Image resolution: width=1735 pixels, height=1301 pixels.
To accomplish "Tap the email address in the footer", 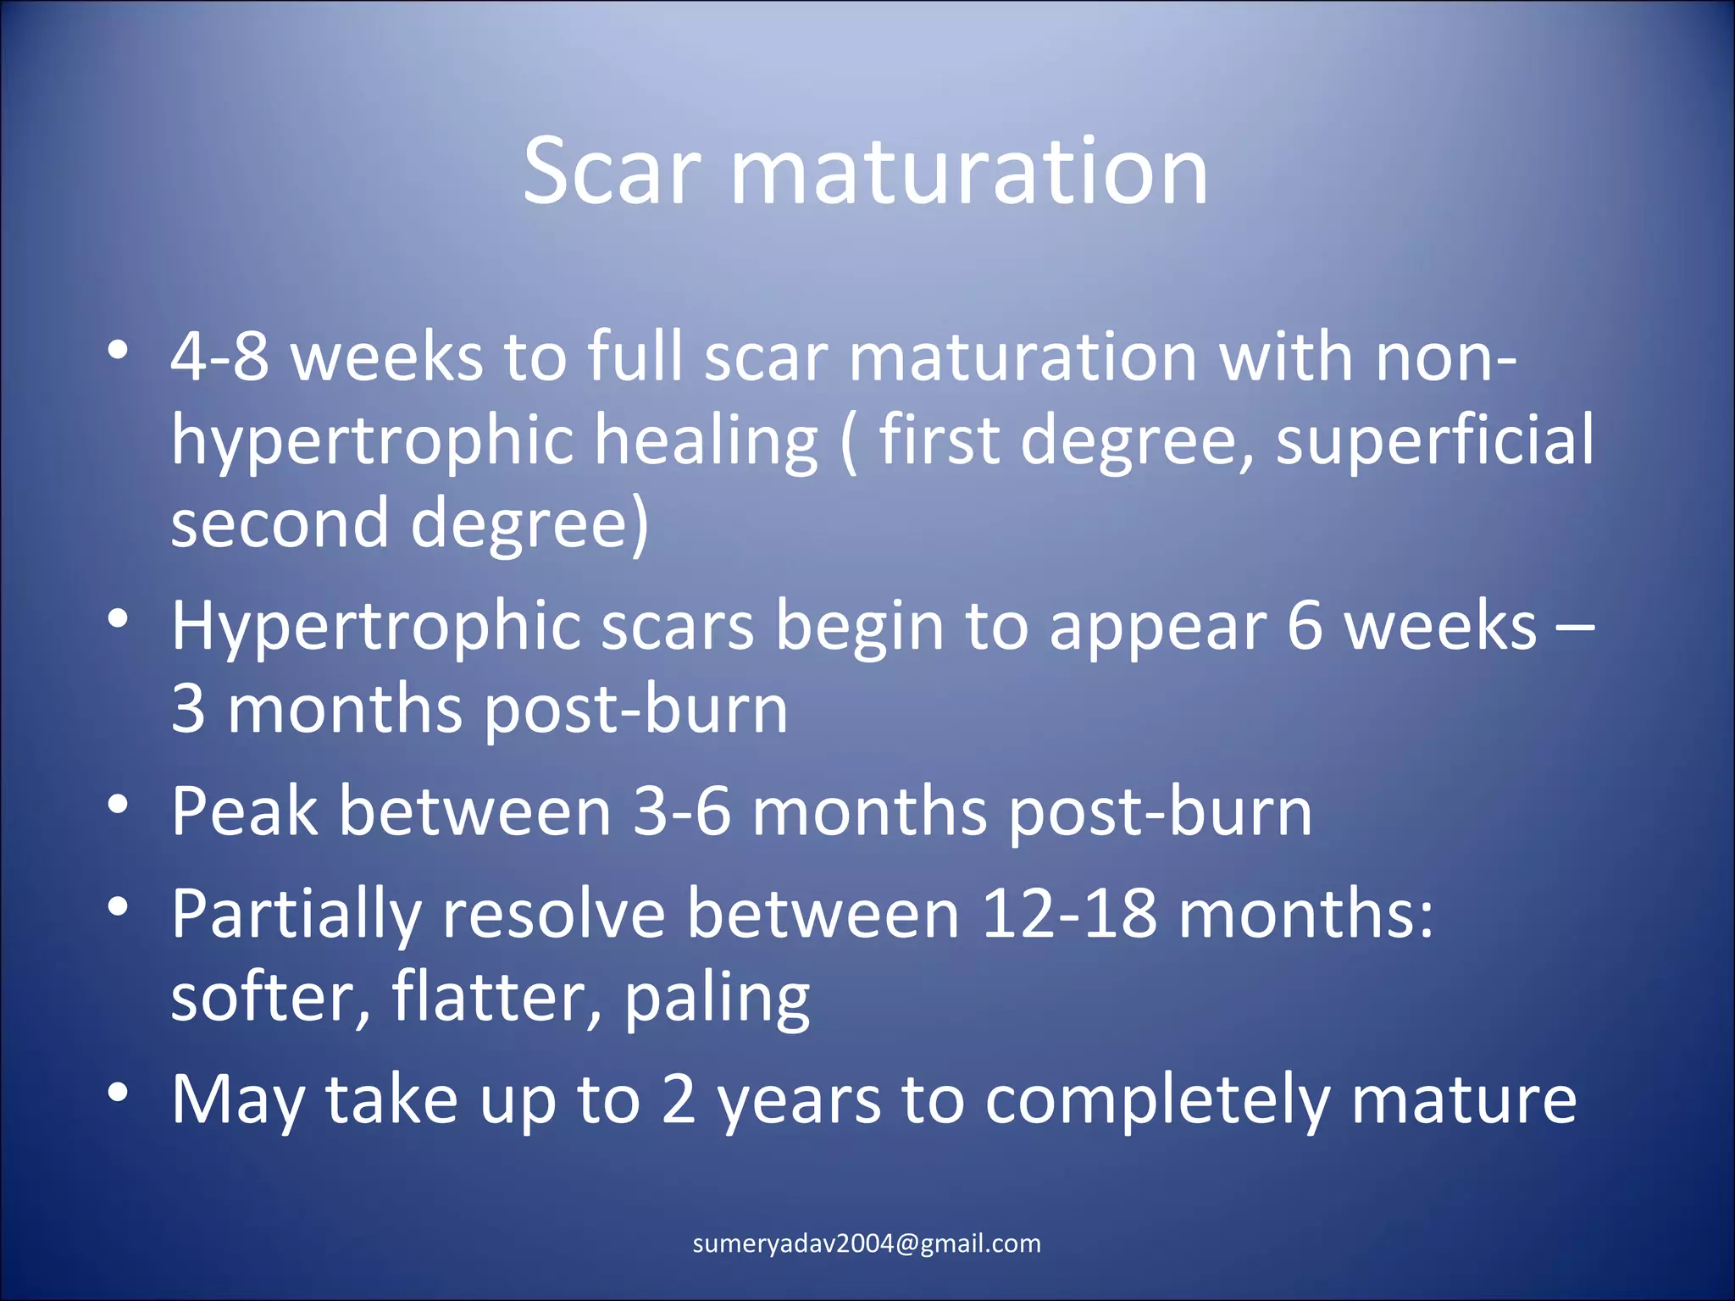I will (x=867, y=1243).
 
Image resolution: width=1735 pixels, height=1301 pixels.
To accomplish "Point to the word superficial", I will (x=1434, y=440).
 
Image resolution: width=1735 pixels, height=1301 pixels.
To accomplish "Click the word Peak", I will (x=244, y=811).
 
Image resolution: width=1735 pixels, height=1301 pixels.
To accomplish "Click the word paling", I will (x=717, y=1000).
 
